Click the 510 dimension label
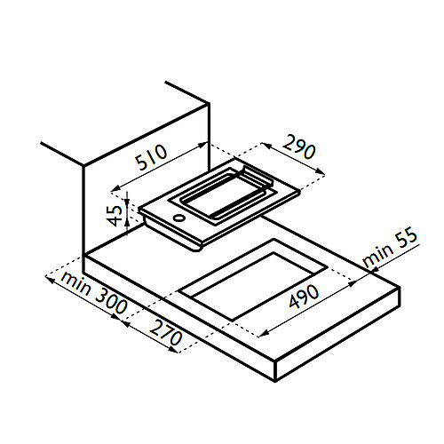coord(151,157)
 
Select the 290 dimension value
coord(298,147)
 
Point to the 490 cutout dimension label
coord(304,297)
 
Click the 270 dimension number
coord(165,333)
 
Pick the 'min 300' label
coord(93,293)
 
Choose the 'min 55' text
coord(390,247)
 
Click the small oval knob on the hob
coord(179,218)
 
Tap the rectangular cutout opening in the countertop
coord(253,280)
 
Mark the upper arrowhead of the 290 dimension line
coord(266,146)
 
